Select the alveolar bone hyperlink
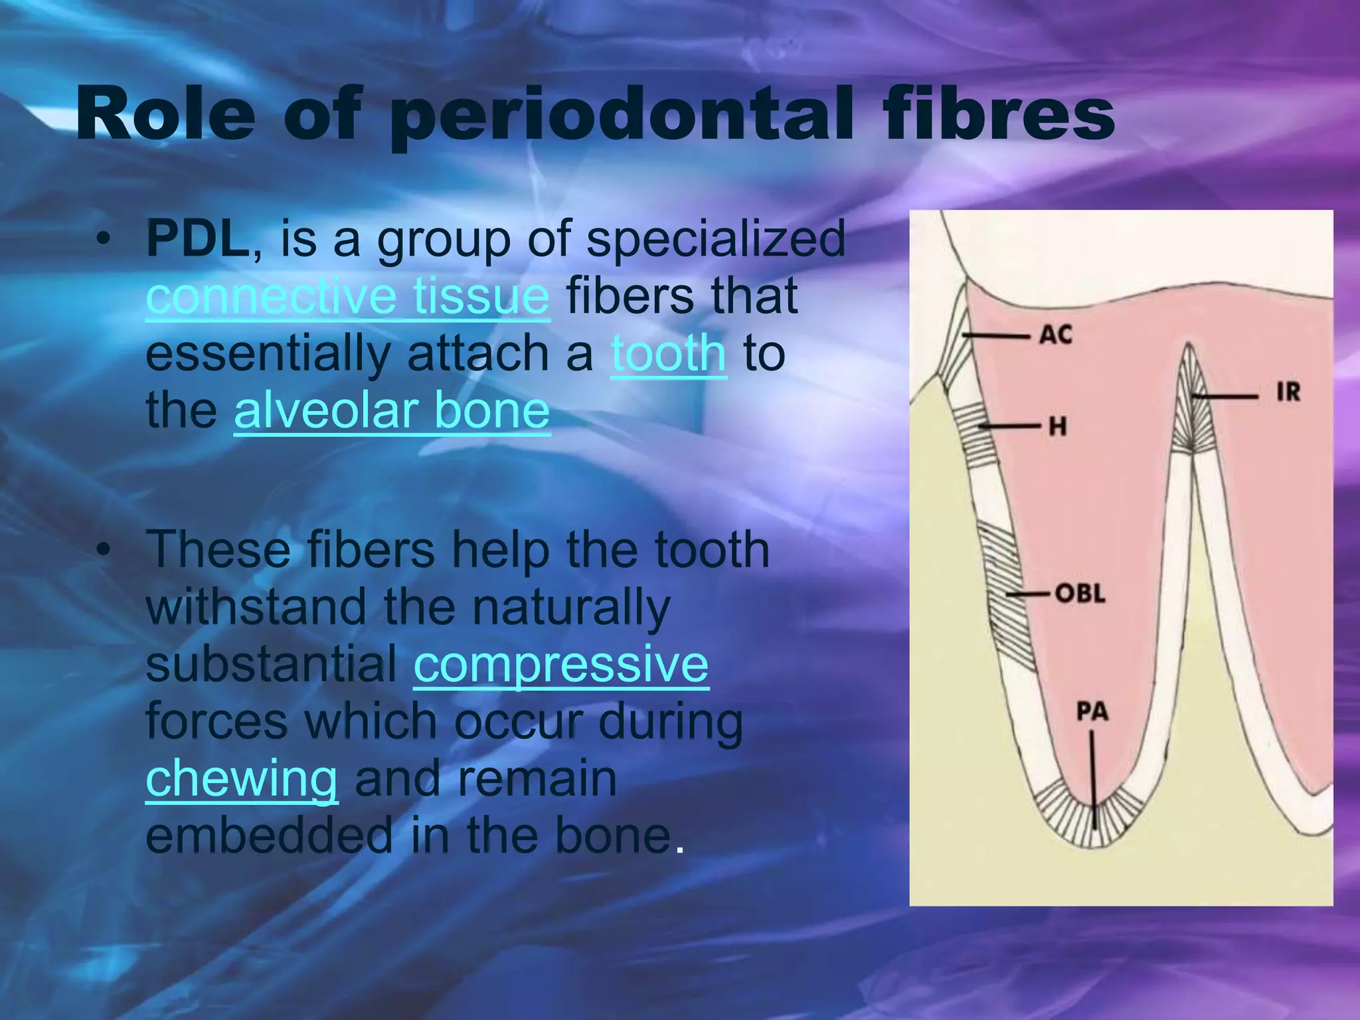pyautogui.click(x=392, y=410)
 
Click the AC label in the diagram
pyautogui.click(x=1056, y=335)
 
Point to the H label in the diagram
pyautogui.click(x=1058, y=426)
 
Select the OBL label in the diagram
pyautogui.click(x=1080, y=592)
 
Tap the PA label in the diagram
pyautogui.click(x=1092, y=712)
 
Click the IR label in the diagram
pyautogui.click(x=1288, y=392)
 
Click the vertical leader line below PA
pyautogui.click(x=1093, y=777)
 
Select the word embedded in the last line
pyautogui.click(x=269, y=835)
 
